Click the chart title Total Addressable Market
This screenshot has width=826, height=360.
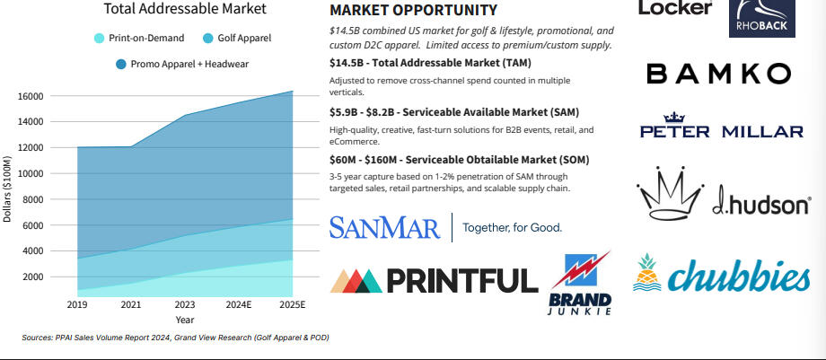pyautogui.click(x=185, y=9)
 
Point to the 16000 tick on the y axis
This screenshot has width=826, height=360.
pyautogui.click(x=31, y=96)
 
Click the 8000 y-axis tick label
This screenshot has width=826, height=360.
pyautogui.click(x=33, y=199)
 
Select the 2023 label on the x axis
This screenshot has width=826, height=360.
pyautogui.click(x=184, y=305)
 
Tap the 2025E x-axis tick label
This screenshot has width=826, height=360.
pyautogui.click(x=292, y=305)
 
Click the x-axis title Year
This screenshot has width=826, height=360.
pyautogui.click(x=184, y=320)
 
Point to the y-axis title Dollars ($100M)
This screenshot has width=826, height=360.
pyautogui.click(x=8, y=185)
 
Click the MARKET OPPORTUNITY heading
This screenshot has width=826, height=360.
pyautogui.click(x=413, y=11)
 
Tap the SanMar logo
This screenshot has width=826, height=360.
pyautogui.click(x=384, y=227)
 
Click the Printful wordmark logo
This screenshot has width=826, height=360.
pyautogui.click(x=435, y=280)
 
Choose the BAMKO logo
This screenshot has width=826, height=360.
pyautogui.click(x=718, y=74)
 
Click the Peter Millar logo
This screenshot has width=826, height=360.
pyautogui.click(x=721, y=127)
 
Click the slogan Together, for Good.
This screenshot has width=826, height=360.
pyautogui.click(x=512, y=228)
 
